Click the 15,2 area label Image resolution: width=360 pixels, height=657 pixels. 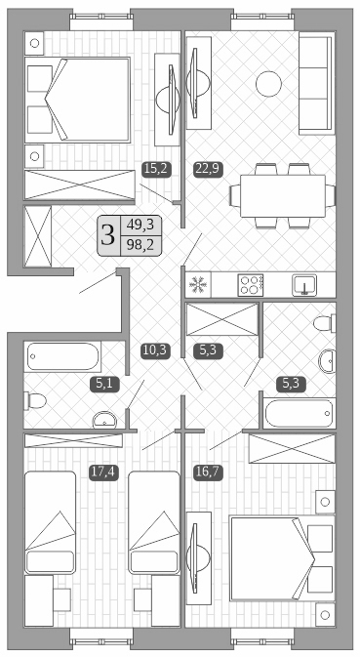pyautogui.click(x=156, y=168)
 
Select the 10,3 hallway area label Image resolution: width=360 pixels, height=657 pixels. pyautogui.click(x=156, y=350)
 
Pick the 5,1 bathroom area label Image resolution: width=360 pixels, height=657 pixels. pyautogui.click(x=104, y=384)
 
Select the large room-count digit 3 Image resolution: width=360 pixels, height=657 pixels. pyautogui.click(x=107, y=235)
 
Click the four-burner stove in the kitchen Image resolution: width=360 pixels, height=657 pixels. pyautogui.click(x=251, y=285)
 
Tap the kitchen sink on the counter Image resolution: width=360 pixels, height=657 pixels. pyautogui.click(x=306, y=285)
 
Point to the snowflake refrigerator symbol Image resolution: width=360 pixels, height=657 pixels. pyautogui.click(x=198, y=286)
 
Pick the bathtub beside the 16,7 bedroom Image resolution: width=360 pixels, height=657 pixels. pyautogui.click(x=297, y=414)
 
